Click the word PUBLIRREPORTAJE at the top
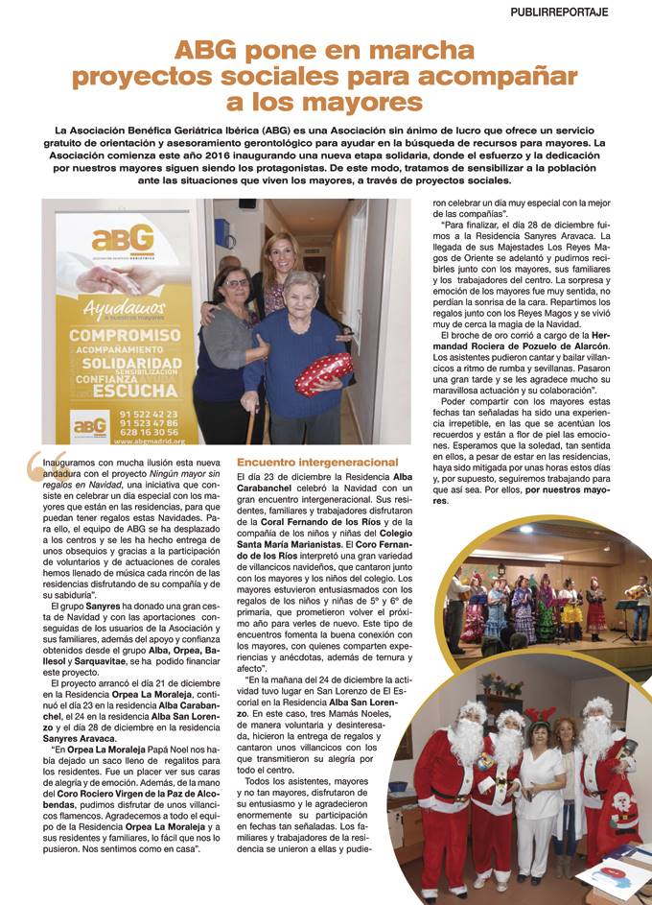(x=587, y=13)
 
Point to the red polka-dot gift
(x=323, y=373)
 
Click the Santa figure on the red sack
(x=623, y=807)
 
